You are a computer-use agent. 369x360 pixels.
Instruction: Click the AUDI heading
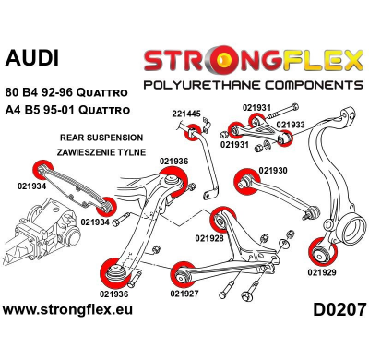click(31, 57)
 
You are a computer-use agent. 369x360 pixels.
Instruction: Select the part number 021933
click(292, 124)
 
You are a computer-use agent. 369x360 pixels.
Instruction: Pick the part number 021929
click(322, 272)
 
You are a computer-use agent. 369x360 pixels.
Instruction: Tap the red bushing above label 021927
click(181, 274)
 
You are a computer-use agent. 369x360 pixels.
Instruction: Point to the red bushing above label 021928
click(219, 221)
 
